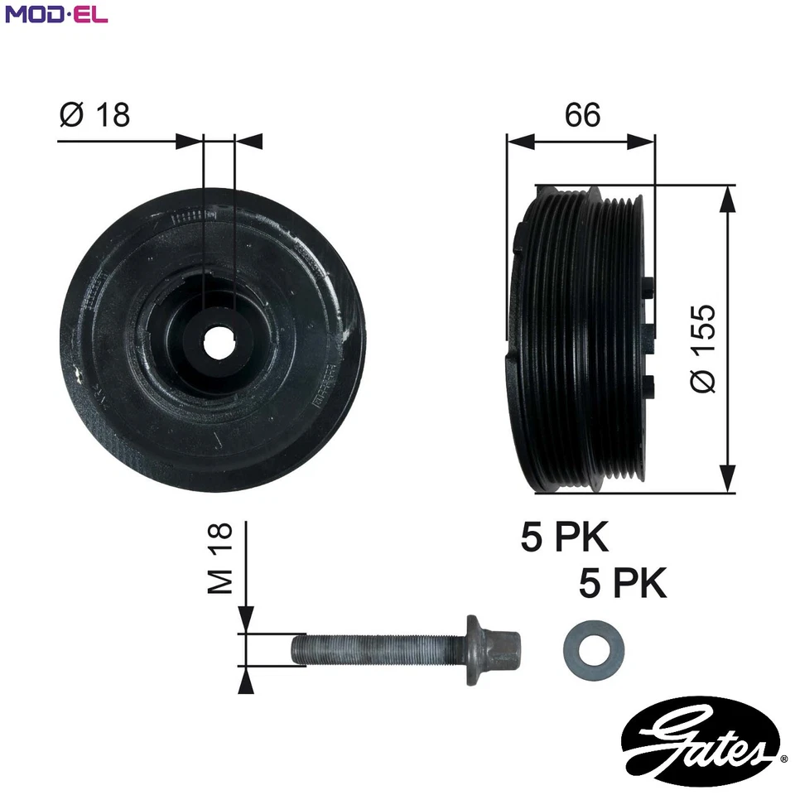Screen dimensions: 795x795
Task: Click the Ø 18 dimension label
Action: click(x=95, y=114)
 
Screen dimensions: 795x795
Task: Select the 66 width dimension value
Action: click(x=582, y=114)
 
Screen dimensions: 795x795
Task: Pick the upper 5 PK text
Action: click(x=565, y=537)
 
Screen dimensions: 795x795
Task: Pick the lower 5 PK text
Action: click(x=623, y=585)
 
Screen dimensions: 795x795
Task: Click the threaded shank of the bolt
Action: click(x=373, y=648)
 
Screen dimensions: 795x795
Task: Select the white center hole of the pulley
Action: click(x=219, y=342)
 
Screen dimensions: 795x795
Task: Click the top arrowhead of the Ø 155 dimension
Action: click(x=727, y=197)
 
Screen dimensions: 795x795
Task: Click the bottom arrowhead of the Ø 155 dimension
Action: click(x=727, y=480)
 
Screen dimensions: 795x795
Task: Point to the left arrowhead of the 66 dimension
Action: click(x=518, y=142)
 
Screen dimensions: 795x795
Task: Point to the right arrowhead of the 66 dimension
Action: click(x=643, y=142)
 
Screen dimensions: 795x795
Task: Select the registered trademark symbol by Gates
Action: click(x=783, y=757)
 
